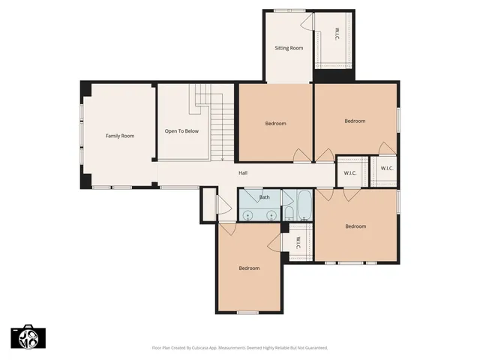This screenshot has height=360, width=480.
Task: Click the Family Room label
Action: (x=119, y=136)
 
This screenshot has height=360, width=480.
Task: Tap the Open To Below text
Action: (x=181, y=131)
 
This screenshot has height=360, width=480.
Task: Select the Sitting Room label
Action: (x=289, y=48)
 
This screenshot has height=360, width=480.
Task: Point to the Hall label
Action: (x=243, y=173)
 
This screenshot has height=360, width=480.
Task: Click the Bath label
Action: (x=264, y=197)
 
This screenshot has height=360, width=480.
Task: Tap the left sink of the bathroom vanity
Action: (x=250, y=214)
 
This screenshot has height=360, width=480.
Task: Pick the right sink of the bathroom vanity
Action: (x=271, y=214)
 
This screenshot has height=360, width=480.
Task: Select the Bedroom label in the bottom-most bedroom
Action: (x=249, y=268)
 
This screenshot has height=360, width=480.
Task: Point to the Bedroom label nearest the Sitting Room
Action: (x=275, y=124)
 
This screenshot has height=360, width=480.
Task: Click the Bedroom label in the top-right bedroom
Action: (x=355, y=121)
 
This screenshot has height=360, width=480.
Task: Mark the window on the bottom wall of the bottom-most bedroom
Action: (x=247, y=312)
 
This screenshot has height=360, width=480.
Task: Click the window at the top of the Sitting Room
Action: (x=283, y=10)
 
